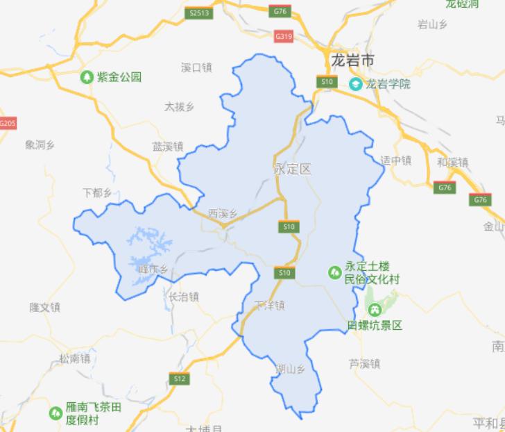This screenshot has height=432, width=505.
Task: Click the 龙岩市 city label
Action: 353,61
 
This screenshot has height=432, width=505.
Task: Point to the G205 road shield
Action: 7,123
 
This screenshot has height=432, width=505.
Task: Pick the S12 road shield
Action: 180,379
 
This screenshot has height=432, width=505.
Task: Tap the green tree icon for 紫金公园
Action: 87,77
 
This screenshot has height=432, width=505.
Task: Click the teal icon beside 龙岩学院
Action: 355,85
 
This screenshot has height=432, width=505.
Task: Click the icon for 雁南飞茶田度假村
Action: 55,413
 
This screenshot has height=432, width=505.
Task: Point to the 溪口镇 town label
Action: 196,67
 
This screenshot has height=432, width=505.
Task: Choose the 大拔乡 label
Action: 180,107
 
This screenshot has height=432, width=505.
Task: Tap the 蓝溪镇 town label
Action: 168,147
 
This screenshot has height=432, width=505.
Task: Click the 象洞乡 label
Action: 40,144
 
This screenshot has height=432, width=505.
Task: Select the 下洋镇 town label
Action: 271,305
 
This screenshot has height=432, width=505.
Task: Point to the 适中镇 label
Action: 396,160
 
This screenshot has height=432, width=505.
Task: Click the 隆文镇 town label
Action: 45,306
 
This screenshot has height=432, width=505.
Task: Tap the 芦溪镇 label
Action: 365,363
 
